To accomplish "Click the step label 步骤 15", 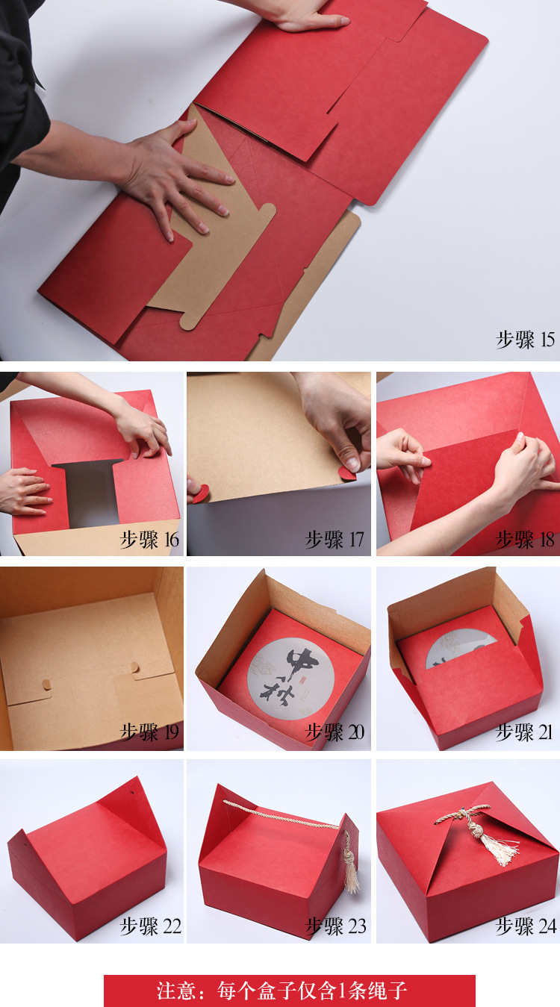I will tap(526, 340).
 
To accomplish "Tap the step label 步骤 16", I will tap(150, 539).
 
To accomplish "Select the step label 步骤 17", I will tap(335, 539).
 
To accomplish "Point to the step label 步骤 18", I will tap(526, 539).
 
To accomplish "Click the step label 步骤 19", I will tap(150, 732).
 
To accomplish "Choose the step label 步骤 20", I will tap(335, 732).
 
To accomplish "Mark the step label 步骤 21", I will tap(526, 732).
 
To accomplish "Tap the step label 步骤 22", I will tap(150, 926).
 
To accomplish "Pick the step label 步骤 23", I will tap(335, 926).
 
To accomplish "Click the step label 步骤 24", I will tap(526, 926).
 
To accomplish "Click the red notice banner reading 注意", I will tap(290, 991).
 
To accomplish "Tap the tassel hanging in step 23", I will tap(349, 866).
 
